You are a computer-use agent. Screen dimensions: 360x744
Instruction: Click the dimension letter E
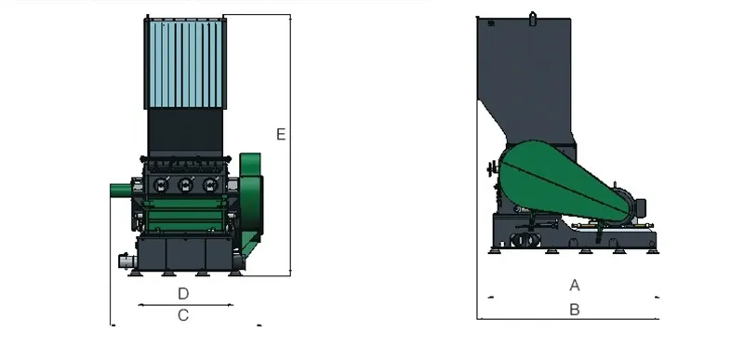(x=280, y=135)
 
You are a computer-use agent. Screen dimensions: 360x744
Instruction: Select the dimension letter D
(x=183, y=294)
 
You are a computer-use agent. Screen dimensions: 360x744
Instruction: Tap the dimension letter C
(x=183, y=315)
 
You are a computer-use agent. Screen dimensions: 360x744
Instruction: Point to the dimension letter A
(x=575, y=285)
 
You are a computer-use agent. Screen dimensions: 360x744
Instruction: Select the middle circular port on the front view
(x=185, y=184)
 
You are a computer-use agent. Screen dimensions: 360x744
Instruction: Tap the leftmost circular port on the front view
(x=159, y=184)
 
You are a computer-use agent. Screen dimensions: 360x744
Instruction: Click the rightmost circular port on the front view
(x=211, y=184)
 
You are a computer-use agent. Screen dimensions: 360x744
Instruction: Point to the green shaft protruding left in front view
(x=121, y=190)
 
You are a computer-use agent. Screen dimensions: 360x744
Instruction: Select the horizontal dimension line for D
(x=185, y=305)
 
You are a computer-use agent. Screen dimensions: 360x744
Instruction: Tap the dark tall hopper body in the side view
(x=525, y=74)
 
